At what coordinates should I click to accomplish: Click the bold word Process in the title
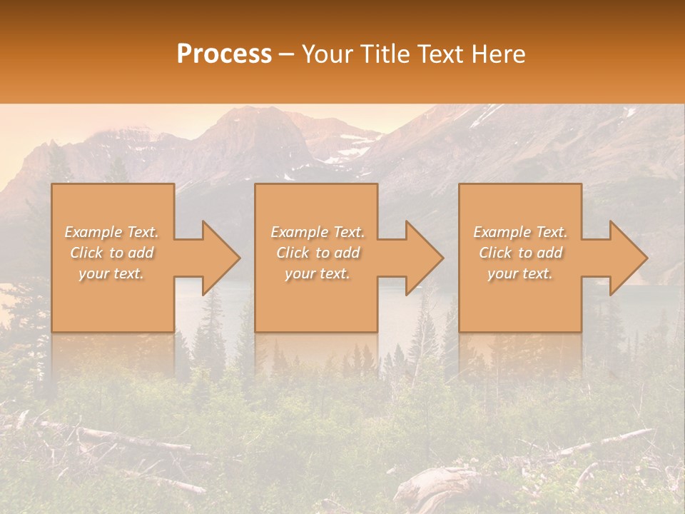(224, 54)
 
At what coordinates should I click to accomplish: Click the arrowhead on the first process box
(218, 258)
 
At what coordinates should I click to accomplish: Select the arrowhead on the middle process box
(422, 258)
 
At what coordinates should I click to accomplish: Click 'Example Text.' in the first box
(111, 232)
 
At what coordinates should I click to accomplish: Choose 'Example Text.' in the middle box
(318, 232)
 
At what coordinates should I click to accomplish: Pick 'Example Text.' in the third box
(520, 232)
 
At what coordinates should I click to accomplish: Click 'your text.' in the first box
(111, 273)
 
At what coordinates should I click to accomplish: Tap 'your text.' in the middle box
(318, 273)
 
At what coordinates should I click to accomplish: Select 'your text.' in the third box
(520, 273)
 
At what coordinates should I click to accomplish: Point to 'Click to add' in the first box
(111, 253)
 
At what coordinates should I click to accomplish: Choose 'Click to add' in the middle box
(318, 253)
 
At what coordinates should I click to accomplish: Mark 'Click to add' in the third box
(520, 253)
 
